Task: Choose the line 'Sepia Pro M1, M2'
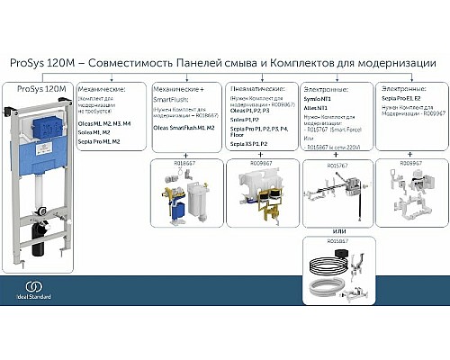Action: (x=99, y=141)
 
